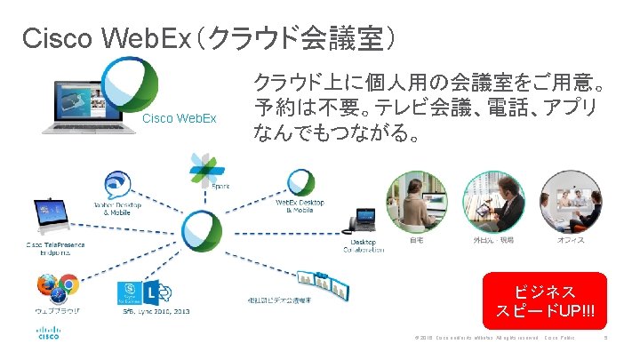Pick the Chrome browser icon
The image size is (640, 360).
(69, 286)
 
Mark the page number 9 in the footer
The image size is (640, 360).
(605, 338)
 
